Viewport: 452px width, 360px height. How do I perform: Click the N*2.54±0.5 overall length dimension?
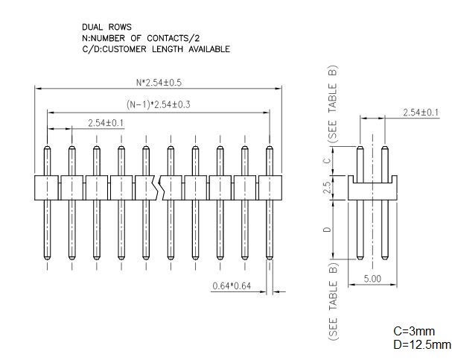pyautogui.click(x=159, y=83)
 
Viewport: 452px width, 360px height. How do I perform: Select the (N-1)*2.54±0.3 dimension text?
pyautogui.click(x=159, y=104)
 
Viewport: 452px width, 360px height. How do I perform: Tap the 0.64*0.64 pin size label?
pyautogui.click(x=232, y=286)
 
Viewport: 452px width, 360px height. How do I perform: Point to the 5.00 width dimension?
pyautogui.click(x=372, y=279)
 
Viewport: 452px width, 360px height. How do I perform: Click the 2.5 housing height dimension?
pyautogui.click(x=327, y=188)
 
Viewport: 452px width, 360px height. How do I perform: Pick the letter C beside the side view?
pyautogui.click(x=327, y=160)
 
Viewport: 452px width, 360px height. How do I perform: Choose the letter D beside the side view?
pyautogui.click(x=327, y=230)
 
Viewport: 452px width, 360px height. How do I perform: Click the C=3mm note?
pyautogui.click(x=414, y=331)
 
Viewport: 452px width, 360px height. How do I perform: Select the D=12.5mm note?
pyautogui.click(x=422, y=344)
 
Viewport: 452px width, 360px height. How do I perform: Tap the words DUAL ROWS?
pyautogui.click(x=106, y=27)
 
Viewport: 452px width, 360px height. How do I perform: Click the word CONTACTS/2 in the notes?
pyautogui.click(x=174, y=38)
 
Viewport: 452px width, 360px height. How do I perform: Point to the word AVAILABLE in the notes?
pyautogui.click(x=209, y=49)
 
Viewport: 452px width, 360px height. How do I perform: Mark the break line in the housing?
pyautogui.click(x=157, y=188)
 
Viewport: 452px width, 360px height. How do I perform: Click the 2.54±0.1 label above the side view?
pyautogui.click(x=421, y=113)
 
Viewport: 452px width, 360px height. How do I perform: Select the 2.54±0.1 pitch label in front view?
pyautogui.click(x=106, y=123)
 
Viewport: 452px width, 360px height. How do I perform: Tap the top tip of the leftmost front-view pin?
pyautogui.click(x=47, y=147)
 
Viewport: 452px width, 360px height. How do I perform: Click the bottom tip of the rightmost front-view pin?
pyautogui.click(x=270, y=259)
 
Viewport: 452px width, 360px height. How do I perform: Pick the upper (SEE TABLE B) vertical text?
pyautogui.click(x=333, y=104)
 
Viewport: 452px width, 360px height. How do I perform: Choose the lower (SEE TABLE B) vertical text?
pyautogui.click(x=333, y=302)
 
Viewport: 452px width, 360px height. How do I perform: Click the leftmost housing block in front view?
pyautogui.click(x=46, y=188)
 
